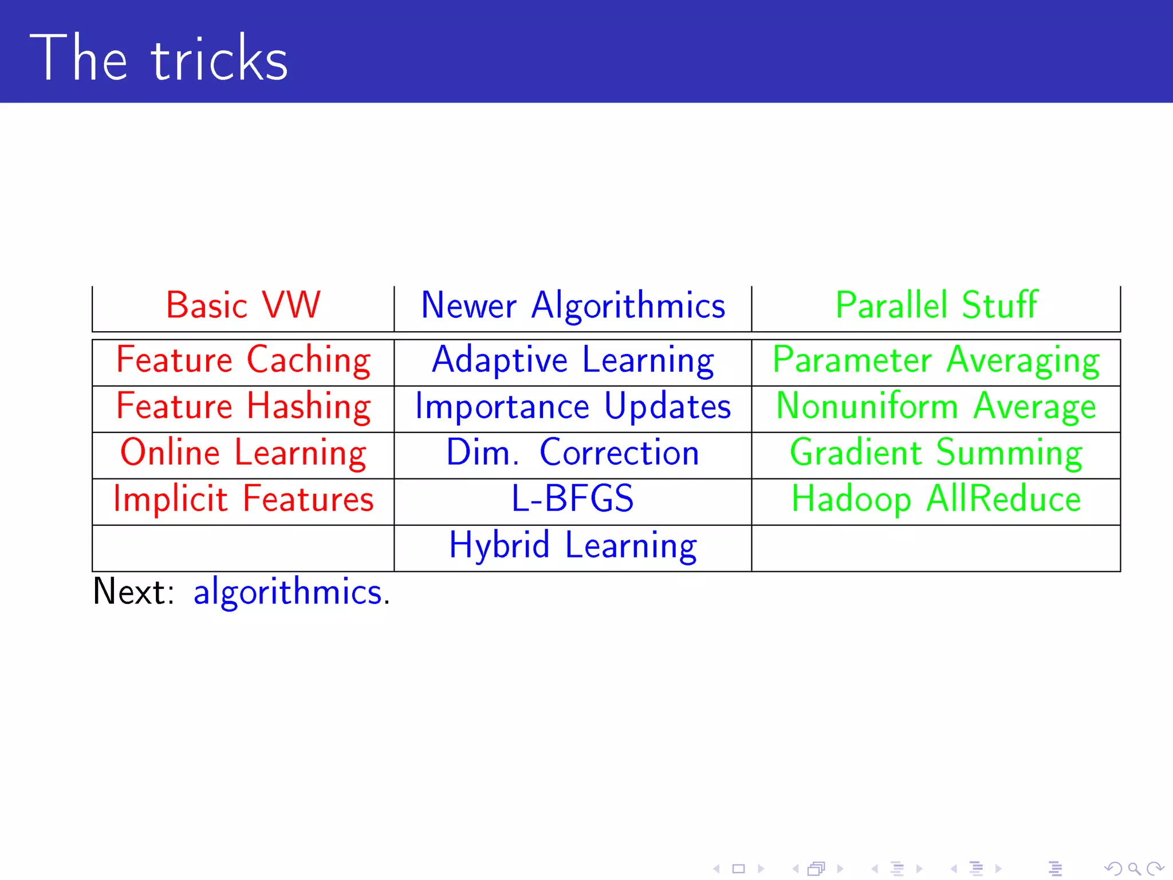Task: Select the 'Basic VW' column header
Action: (x=243, y=305)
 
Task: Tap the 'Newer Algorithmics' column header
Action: (x=573, y=306)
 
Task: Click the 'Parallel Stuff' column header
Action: (x=936, y=305)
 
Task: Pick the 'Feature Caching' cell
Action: (x=243, y=361)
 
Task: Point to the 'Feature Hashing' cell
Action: (x=243, y=407)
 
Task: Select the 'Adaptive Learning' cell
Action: (x=573, y=361)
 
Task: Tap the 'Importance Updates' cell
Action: (x=573, y=407)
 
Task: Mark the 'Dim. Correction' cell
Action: (x=573, y=453)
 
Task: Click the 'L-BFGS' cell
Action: (x=573, y=498)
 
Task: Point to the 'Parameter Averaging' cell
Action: (x=936, y=361)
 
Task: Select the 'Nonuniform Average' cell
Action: (x=936, y=407)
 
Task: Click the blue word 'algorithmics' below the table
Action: (x=288, y=592)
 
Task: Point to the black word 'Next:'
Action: (x=133, y=592)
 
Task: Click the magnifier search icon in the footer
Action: (x=1133, y=869)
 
